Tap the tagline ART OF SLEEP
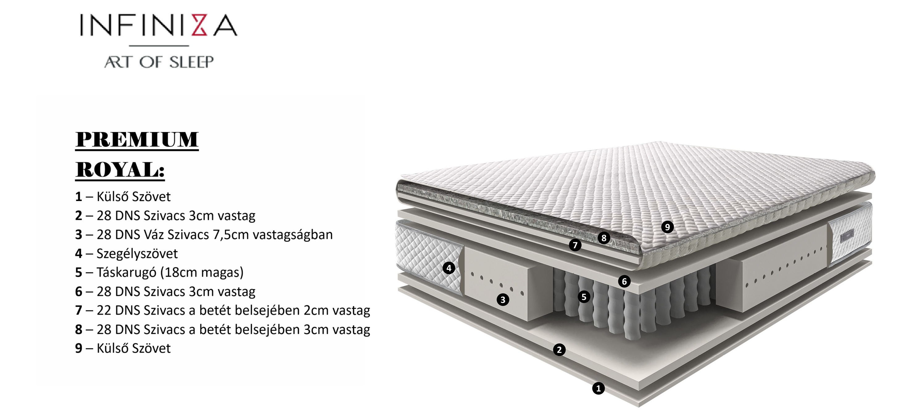[x=159, y=62]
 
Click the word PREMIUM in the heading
[x=137, y=139]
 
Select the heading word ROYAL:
[x=120, y=170]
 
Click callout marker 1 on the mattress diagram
[x=598, y=389]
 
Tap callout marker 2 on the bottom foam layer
[x=559, y=350]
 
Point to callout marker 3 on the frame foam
[x=503, y=300]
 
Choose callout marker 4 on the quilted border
[x=449, y=268]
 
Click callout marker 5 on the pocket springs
[x=584, y=297]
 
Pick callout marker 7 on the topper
[x=575, y=245]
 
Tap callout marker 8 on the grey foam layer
[x=604, y=238]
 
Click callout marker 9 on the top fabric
[x=667, y=227]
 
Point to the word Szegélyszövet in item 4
[x=137, y=253]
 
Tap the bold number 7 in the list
[x=78, y=311]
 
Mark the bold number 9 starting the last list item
[x=78, y=348]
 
